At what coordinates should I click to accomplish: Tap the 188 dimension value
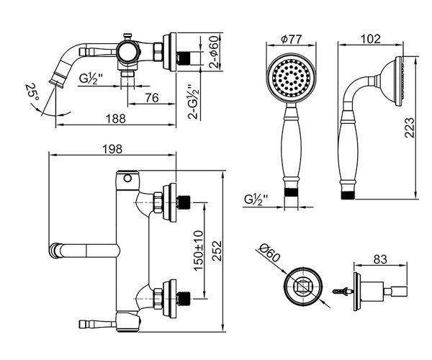pyautogui.click(x=116, y=119)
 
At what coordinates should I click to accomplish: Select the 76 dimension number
pyautogui.click(x=152, y=98)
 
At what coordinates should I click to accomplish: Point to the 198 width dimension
pyautogui.click(x=112, y=149)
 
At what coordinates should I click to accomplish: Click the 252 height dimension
pyautogui.click(x=217, y=251)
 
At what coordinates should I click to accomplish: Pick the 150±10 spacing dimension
pyautogui.click(x=199, y=251)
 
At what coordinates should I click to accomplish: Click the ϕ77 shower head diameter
pyautogui.click(x=291, y=39)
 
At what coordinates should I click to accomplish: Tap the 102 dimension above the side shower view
pyautogui.click(x=370, y=39)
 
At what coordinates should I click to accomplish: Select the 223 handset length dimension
pyautogui.click(x=409, y=127)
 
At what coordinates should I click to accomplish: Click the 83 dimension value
pyautogui.click(x=380, y=259)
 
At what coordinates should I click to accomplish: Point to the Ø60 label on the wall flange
pyautogui.click(x=270, y=253)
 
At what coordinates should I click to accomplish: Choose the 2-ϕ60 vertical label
pyautogui.click(x=215, y=52)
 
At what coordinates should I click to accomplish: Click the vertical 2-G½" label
pyautogui.click(x=194, y=102)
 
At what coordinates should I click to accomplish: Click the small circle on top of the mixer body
pyautogui.click(x=127, y=179)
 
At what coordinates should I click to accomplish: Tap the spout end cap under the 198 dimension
pyautogui.click(x=54, y=251)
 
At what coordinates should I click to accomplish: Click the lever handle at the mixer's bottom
pyautogui.click(x=97, y=324)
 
